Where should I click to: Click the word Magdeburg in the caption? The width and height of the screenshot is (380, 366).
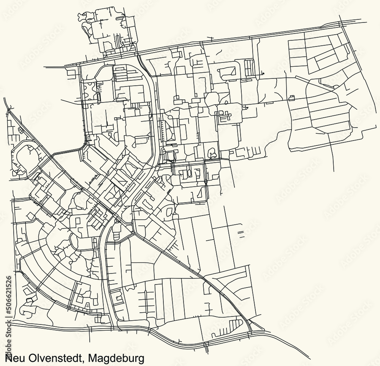[x=117, y=358]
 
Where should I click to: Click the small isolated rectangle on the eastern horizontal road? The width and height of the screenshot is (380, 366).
[x=292, y=98]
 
